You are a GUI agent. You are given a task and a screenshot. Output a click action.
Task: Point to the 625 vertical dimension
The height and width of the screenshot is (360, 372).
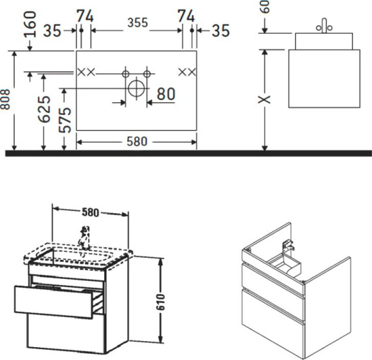pyautogui.click(x=43, y=110)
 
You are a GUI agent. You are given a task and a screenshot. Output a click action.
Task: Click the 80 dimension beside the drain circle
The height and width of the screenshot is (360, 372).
pyautogui.click(x=166, y=94)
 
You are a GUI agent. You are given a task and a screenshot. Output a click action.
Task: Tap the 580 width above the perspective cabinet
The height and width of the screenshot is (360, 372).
pyautogui.click(x=91, y=211)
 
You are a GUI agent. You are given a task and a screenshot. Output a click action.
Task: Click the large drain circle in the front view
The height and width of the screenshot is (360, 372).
pyautogui.click(x=136, y=88)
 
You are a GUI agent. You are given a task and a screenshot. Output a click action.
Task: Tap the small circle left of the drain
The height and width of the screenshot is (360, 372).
pyautogui.click(x=124, y=71)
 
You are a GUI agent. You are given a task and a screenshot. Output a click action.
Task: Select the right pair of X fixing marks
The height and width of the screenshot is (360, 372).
pyautogui.click(x=187, y=71)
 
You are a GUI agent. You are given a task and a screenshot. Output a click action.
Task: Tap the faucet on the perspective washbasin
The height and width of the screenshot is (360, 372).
pyautogui.click(x=85, y=238)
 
